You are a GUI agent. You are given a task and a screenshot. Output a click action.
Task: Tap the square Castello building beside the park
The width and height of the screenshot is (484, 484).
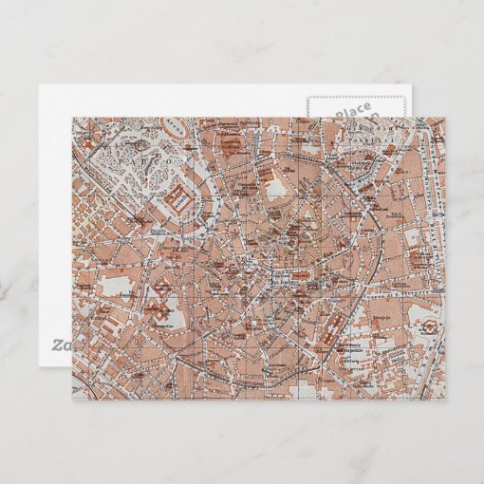click(177, 200)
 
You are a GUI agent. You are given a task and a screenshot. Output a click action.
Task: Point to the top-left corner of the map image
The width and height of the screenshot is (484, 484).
click(73, 119)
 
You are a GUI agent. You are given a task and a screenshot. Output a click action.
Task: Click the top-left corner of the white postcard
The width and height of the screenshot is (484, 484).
click(39, 85)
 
